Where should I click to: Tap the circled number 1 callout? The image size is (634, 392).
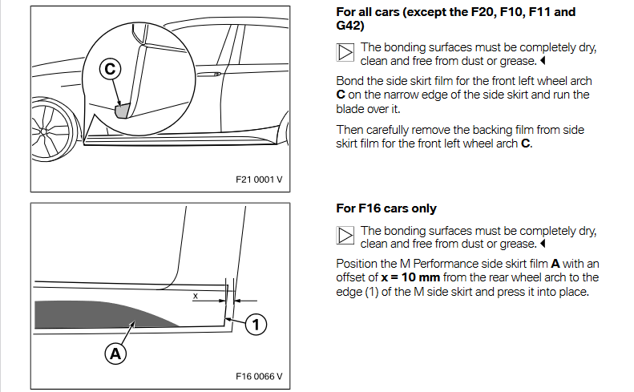click(256, 324)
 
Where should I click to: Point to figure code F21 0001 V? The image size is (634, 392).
click(259, 178)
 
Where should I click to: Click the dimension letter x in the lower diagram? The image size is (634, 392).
click(195, 295)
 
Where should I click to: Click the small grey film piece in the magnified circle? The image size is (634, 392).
click(123, 110)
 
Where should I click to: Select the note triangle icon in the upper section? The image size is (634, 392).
click(345, 54)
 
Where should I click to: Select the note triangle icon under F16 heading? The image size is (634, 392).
click(345, 236)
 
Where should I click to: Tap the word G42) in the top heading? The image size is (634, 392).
click(350, 26)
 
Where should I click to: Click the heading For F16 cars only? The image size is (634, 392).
click(386, 208)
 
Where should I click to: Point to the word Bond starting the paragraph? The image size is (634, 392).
click(349, 81)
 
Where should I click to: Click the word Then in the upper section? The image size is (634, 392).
click(349, 130)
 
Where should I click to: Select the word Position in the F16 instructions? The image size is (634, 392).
click(358, 264)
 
